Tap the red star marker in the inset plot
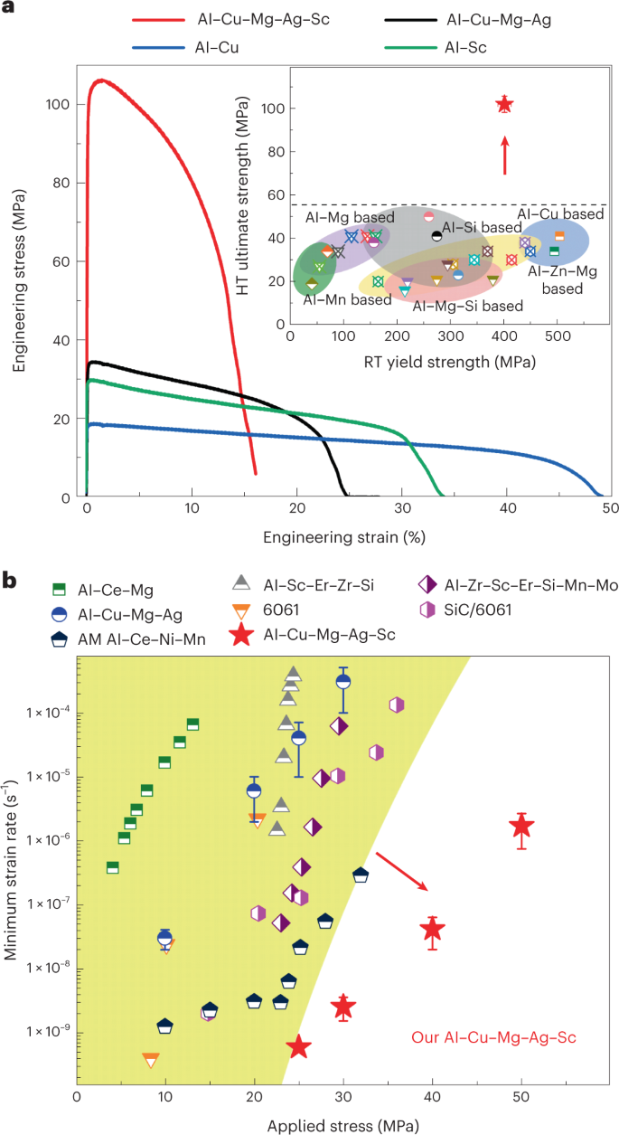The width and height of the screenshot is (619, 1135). point(504,105)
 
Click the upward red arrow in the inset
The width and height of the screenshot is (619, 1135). point(505,154)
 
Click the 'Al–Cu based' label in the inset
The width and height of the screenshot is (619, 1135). point(560,214)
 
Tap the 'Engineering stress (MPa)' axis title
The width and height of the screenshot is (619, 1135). point(19,280)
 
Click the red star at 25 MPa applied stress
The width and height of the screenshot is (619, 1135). point(299,1046)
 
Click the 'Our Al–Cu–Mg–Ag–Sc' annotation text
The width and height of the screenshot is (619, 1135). point(493,1037)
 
